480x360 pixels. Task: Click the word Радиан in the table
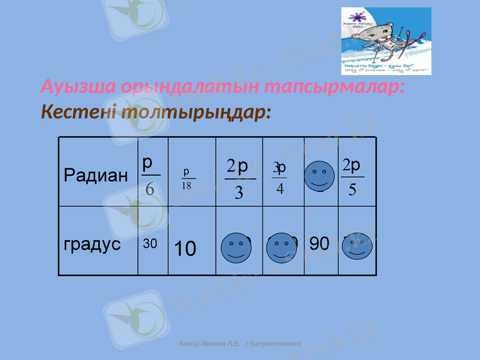tap(95, 176)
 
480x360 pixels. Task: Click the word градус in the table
tap(92, 244)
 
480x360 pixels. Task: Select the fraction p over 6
tap(149, 176)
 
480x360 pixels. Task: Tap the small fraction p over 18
tap(187, 179)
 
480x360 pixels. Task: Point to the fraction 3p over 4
tap(280, 177)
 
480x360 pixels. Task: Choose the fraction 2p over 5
tap(352, 177)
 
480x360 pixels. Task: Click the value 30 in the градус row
tap(150, 244)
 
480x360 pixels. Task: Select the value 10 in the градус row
tap(185, 248)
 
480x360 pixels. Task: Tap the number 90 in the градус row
tap(319, 243)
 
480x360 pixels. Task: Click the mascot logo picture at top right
tap(386, 41)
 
